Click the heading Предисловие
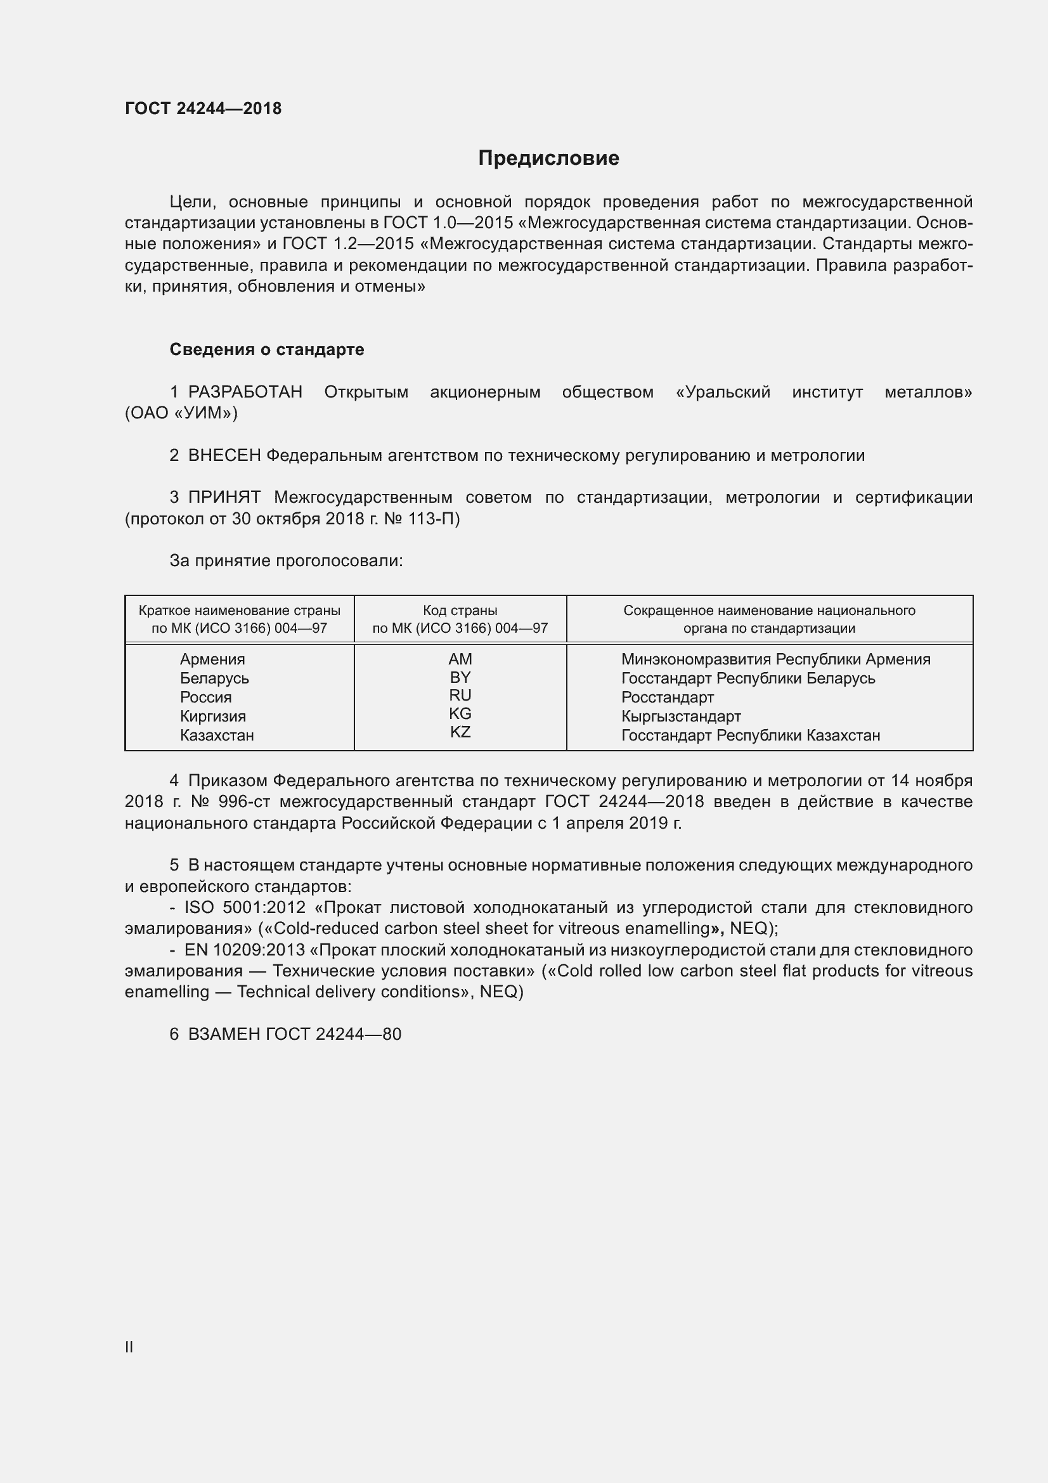tap(548, 159)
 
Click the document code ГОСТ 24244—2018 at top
tap(203, 108)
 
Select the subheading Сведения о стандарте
tap(267, 349)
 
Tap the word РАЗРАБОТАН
tap(245, 392)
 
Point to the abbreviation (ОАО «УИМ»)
tap(181, 413)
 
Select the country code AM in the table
tap(460, 659)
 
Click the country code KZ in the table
tap(460, 732)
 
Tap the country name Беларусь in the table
tap(214, 678)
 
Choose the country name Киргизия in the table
tap(212, 716)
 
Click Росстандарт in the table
tap(667, 697)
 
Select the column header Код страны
tap(460, 611)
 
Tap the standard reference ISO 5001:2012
tap(245, 907)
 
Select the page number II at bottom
tap(129, 1347)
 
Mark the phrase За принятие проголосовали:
tap(286, 560)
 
